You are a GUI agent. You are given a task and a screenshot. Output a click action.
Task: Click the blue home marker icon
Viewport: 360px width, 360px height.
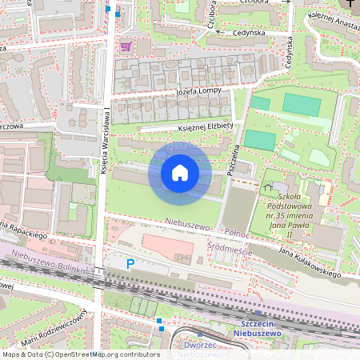[x=180, y=173]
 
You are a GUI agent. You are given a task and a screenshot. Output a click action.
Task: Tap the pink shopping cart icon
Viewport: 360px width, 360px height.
[x=125, y=46]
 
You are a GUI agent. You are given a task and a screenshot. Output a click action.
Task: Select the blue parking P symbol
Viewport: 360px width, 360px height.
[x=132, y=263]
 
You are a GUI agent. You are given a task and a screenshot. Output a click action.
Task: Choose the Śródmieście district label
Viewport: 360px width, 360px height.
[x=230, y=248]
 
